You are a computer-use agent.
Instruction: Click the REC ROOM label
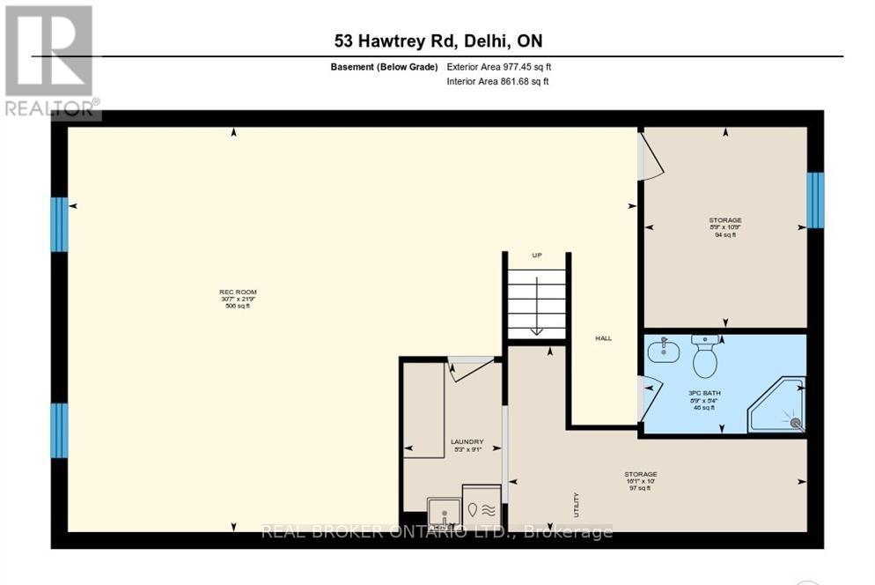point(239,299)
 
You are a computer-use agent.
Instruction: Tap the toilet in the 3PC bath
point(705,357)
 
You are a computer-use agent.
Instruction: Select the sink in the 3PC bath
point(663,352)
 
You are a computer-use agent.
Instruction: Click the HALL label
point(603,337)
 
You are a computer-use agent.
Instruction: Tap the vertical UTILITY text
point(577,504)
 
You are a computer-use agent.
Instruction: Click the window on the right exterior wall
point(816,200)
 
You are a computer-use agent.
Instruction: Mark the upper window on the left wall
point(59,224)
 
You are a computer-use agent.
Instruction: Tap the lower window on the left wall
point(59,430)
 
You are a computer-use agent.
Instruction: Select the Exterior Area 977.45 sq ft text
point(499,67)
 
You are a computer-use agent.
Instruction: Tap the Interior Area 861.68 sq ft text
point(497,82)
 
